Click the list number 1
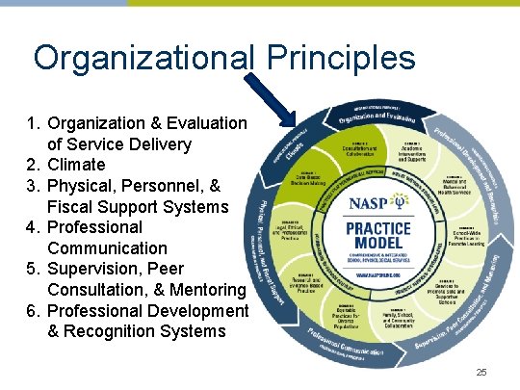(34, 123)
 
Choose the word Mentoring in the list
(209, 290)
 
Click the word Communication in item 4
(105, 248)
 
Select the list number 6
(34, 310)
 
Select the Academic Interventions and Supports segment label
(411, 151)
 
